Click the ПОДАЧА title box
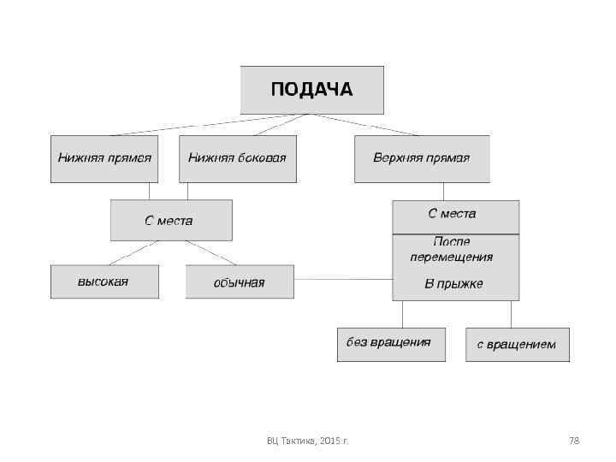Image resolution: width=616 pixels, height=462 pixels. pyautogui.click(x=311, y=90)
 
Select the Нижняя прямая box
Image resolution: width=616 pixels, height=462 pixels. pyautogui.click(x=104, y=158)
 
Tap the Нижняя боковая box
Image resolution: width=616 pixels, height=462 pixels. pyautogui.click(x=237, y=158)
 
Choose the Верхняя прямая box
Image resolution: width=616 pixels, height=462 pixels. pyautogui.click(x=422, y=158)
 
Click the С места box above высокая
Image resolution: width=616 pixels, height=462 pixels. pyautogui.click(x=170, y=220)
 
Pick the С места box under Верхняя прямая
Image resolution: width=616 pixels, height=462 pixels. pyautogui.click(x=455, y=216)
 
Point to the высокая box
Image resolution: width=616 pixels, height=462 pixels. pyautogui.click(x=104, y=281)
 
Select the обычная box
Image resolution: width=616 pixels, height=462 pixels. pyautogui.click(x=239, y=281)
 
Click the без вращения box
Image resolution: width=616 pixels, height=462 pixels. pyautogui.click(x=390, y=344)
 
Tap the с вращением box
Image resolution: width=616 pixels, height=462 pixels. pyautogui.click(x=517, y=344)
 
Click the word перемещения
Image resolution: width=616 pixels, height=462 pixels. pyautogui.click(x=452, y=257)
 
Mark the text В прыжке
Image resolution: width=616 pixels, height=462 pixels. pyautogui.click(x=453, y=283)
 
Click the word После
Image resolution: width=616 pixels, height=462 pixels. pyautogui.click(x=452, y=243)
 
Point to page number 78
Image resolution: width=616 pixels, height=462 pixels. pyautogui.click(x=574, y=441)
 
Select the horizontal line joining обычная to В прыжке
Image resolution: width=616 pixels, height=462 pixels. pyautogui.click(x=342, y=279)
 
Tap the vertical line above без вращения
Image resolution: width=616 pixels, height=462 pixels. pyautogui.click(x=402, y=314)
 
